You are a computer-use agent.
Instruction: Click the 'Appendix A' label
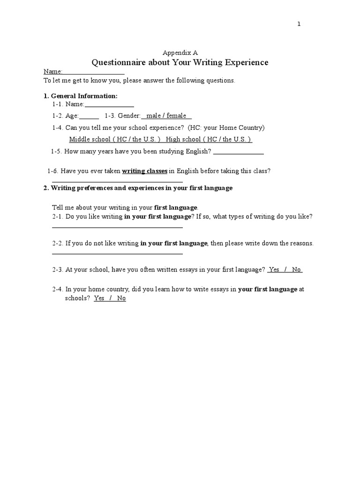(180, 52)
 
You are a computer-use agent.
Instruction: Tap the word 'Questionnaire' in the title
(118, 62)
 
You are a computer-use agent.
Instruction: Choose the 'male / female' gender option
(166, 116)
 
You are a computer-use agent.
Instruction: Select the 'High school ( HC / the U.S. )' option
(209, 139)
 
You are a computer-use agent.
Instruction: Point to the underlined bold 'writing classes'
(144, 171)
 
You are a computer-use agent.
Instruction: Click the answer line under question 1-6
(117, 181)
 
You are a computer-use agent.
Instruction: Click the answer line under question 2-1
(117, 227)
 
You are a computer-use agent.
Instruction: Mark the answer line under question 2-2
(117, 254)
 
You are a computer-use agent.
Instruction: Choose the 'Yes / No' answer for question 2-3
(285, 270)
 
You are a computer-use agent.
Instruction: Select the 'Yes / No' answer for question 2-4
(110, 298)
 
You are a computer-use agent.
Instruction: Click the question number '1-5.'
(56, 151)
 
